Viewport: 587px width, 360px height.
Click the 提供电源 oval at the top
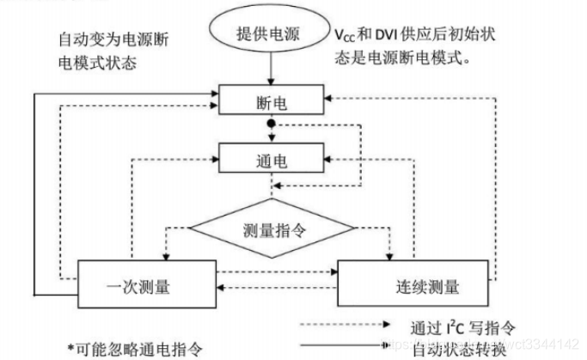[x=271, y=35]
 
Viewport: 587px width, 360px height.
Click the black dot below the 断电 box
[x=271, y=125]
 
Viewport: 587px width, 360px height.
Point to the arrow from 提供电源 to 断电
[x=271, y=72]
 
